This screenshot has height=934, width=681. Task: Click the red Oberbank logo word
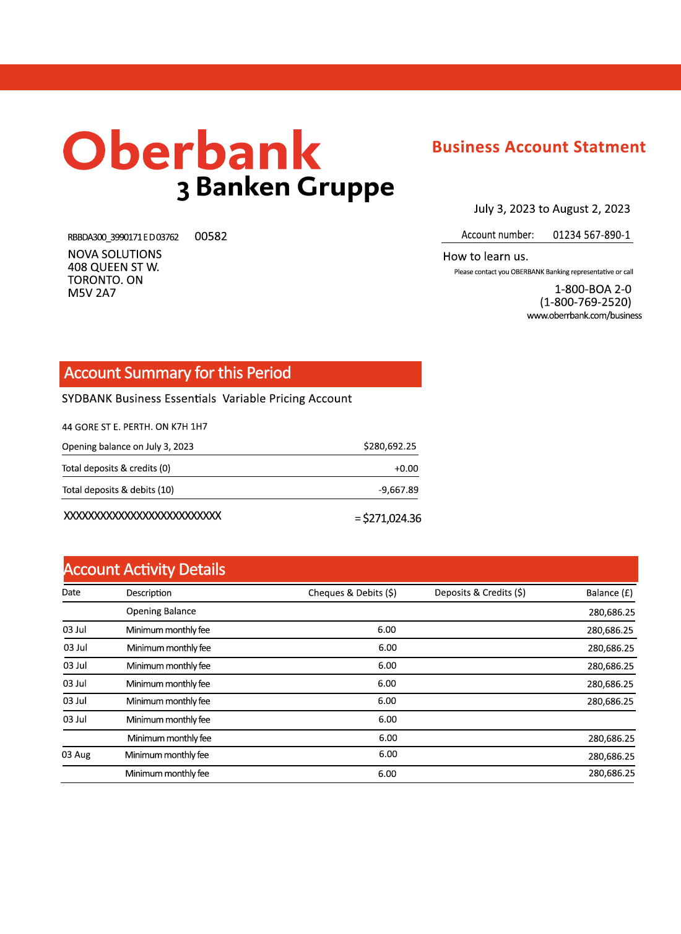click(x=192, y=151)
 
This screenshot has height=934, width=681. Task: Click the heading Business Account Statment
click(x=539, y=147)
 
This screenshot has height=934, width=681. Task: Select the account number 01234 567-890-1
click(x=591, y=235)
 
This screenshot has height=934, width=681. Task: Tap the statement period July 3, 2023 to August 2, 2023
click(x=552, y=209)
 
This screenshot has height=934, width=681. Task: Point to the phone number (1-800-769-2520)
click(x=585, y=302)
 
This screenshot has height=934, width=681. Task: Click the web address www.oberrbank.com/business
click(x=584, y=315)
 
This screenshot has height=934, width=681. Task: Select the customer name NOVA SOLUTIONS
click(x=115, y=254)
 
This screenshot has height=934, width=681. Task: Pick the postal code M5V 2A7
click(x=92, y=293)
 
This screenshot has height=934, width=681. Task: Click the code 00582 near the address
click(x=210, y=236)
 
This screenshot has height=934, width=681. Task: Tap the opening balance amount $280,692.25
click(x=389, y=446)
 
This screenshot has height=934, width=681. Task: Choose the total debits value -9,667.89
click(x=398, y=490)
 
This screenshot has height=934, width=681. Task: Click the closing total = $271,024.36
click(x=388, y=518)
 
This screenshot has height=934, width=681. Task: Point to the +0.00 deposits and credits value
click(x=406, y=468)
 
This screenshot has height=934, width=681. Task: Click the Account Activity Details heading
click(x=144, y=569)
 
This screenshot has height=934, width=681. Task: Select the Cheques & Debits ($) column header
click(x=352, y=593)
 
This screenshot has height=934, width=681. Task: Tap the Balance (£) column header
click(x=609, y=593)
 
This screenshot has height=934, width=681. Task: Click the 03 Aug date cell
click(x=76, y=755)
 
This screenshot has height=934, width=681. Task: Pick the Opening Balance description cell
click(x=161, y=611)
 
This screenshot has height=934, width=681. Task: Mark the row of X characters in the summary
click(x=142, y=515)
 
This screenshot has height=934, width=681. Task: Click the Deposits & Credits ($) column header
click(x=480, y=593)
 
